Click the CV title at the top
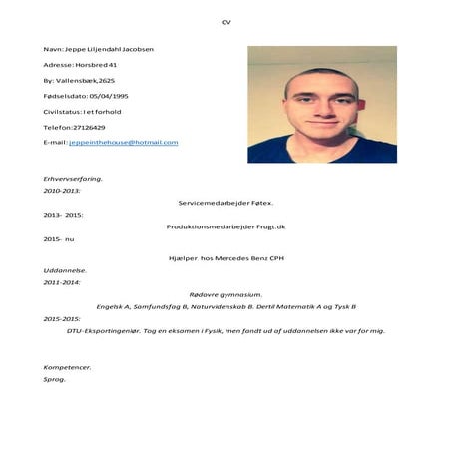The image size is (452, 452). point(226,21)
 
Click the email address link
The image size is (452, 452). point(123,143)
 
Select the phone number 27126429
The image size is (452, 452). point(88,127)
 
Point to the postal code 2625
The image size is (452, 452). point(106,80)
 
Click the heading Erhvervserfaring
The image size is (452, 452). point(74,178)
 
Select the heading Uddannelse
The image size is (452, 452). point(65,270)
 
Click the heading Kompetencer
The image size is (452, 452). point(68,367)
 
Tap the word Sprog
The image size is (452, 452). point(55,380)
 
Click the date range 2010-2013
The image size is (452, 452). point(63,190)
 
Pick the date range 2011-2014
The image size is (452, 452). point(63,282)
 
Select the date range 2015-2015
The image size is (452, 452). point(63,319)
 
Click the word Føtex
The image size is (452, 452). point(260,203)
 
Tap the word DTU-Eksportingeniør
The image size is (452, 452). point(107,330)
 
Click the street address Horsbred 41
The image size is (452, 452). point(96,65)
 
